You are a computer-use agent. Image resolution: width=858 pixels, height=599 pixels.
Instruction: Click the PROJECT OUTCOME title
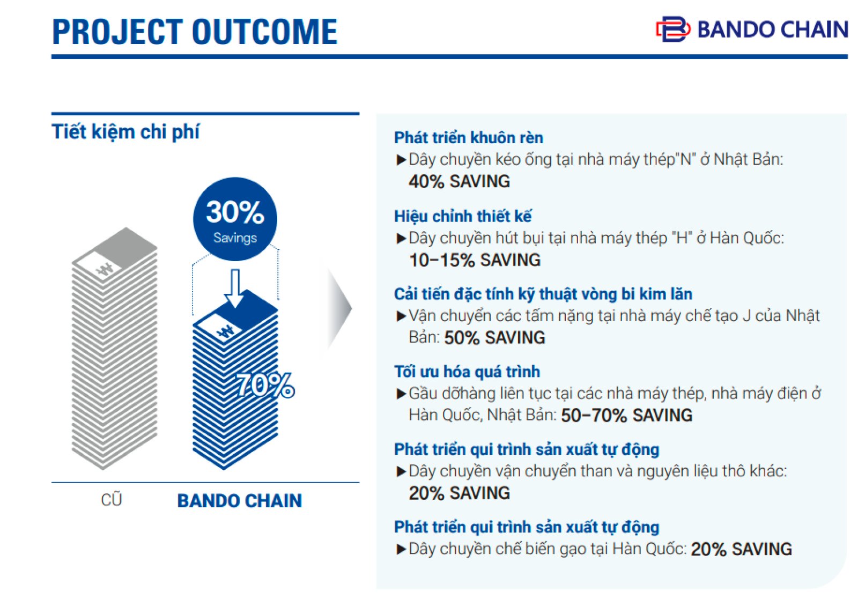pyautogui.click(x=194, y=32)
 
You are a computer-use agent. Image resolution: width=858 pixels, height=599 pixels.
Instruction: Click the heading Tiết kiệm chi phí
pyautogui.click(x=125, y=132)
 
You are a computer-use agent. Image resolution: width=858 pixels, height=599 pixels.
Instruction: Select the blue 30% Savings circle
pyautogui.click(x=235, y=219)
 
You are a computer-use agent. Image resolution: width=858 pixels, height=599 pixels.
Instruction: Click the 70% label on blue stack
pyautogui.click(x=266, y=385)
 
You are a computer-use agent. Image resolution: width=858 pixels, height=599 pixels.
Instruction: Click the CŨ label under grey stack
pyautogui.click(x=112, y=500)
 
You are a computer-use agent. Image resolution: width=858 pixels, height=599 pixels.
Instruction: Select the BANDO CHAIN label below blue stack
pyautogui.click(x=239, y=501)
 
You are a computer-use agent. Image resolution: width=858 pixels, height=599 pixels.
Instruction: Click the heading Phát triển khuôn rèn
pyautogui.click(x=469, y=138)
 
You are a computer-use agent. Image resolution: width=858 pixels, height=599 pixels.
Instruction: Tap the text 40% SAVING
pyautogui.click(x=459, y=181)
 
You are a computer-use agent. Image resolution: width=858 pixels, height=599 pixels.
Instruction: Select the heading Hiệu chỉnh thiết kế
pyautogui.click(x=463, y=216)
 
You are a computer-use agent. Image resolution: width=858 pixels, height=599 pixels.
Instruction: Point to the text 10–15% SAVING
pyautogui.click(x=475, y=260)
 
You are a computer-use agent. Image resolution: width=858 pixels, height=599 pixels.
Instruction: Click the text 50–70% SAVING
pyautogui.click(x=626, y=415)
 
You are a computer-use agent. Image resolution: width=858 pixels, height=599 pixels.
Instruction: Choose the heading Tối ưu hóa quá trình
pyautogui.click(x=467, y=372)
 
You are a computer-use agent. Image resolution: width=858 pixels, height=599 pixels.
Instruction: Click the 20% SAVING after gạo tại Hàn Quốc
pyautogui.click(x=741, y=549)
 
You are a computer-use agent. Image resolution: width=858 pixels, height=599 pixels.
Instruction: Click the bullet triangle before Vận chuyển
pyautogui.click(x=401, y=316)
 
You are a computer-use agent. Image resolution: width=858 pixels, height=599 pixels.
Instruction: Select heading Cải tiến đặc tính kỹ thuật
pyautogui.click(x=543, y=294)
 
